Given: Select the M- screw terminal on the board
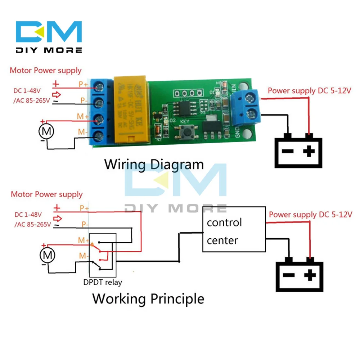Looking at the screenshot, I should coord(99,136).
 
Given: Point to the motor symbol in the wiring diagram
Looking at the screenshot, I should coord(46,131).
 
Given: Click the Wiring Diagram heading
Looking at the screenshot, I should coord(154,165).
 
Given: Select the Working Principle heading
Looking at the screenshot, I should coord(148,298).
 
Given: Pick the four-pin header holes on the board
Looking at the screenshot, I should coord(186,93).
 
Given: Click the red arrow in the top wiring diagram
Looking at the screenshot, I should coord(57,95).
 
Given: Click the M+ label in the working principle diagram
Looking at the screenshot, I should coord(84,240).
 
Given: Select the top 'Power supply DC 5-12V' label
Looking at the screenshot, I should coord(309,91).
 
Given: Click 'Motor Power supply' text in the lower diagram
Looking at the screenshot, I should coord(47,194).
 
